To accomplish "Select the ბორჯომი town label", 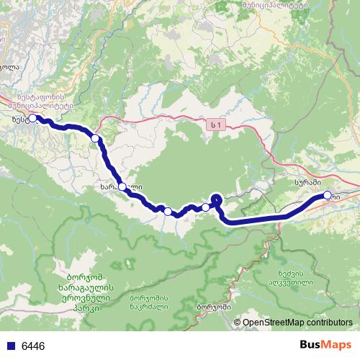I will point(213,307).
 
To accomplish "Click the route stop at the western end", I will point(32,118).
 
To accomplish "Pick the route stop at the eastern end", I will point(328,195).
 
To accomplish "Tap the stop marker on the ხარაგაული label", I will point(122,187).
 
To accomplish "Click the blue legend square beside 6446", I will point(10,346).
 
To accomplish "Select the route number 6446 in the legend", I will point(33,346).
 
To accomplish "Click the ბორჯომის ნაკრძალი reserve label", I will point(149,302).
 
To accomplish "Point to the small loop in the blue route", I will point(217,199).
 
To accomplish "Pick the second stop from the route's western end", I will point(95,138).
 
